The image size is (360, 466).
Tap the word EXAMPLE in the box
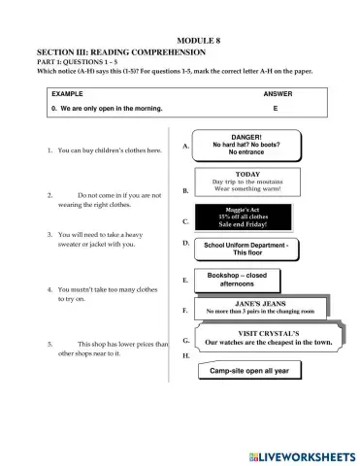pyautogui.click(x=67, y=94)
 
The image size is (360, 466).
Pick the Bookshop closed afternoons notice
pyautogui.click(x=237, y=280)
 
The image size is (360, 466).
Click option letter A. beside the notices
pyautogui.click(x=184, y=146)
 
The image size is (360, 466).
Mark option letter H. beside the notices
pyautogui.click(x=185, y=356)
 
